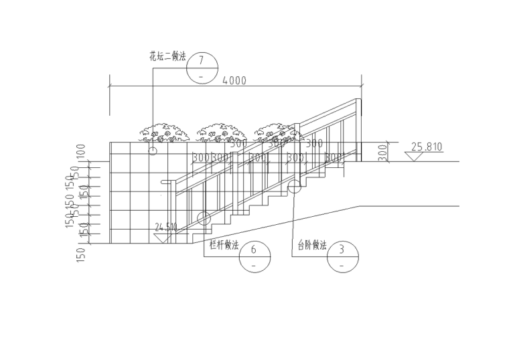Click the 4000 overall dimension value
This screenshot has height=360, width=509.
pos(234,81)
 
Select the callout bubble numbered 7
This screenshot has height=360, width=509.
pos(202,68)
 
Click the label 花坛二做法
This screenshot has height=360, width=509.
pos(167,57)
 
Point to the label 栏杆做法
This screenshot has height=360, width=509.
pos(224,246)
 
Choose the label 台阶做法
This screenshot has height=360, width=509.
pos(312,246)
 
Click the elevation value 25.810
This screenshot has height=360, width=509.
pos(427,147)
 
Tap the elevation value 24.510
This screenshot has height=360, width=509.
pos(166,228)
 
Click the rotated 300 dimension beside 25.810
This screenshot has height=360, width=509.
pos(382,152)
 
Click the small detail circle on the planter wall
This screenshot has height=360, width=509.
pos(153,151)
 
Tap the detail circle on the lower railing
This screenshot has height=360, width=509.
pos(204,217)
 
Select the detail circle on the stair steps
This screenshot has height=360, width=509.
pos(295,187)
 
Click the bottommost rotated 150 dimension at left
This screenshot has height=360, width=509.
pos(81,254)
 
